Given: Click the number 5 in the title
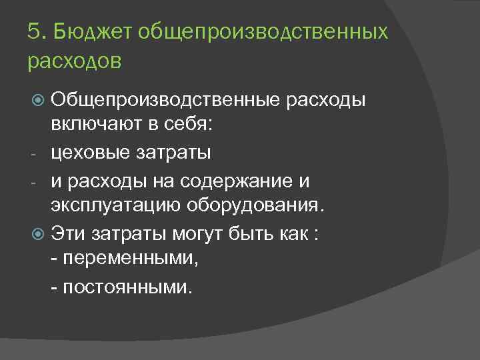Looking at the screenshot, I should tap(33, 31).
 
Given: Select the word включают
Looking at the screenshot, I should tap(105, 125).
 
